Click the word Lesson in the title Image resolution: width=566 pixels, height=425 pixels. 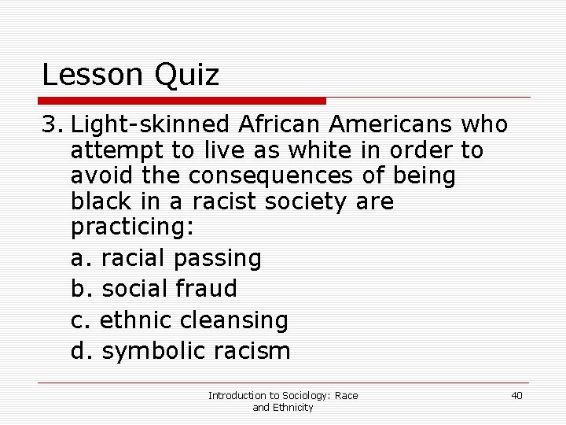point(89,76)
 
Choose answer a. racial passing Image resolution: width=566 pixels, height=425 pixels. point(166,257)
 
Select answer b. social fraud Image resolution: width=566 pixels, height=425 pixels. point(153,289)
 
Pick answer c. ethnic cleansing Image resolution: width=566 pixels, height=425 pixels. point(179,320)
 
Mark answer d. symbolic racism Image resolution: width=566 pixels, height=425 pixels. point(180,350)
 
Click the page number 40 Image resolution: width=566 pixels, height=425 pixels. point(516,395)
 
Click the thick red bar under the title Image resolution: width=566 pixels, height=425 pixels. point(183,101)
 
